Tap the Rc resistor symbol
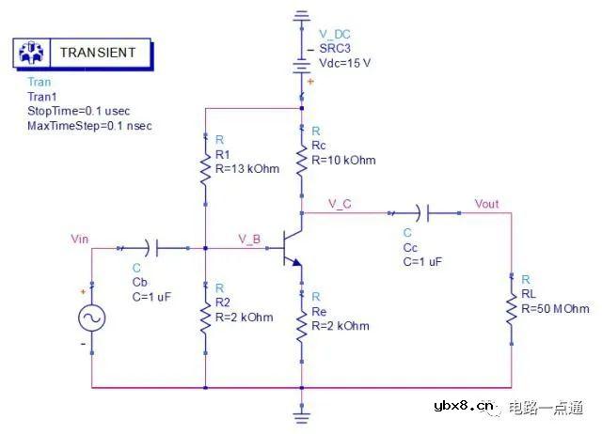(301, 160)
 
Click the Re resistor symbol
(301, 326)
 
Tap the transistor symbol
(293, 249)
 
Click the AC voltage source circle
(92, 318)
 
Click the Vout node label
(487, 204)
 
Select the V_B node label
(249, 239)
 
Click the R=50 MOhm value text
(555, 309)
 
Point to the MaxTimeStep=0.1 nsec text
(89, 125)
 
